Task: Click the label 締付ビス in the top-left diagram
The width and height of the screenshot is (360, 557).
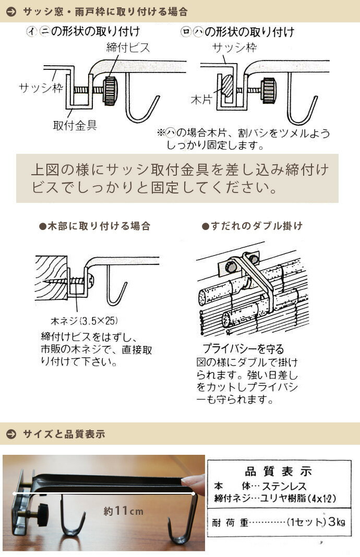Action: coord(128,48)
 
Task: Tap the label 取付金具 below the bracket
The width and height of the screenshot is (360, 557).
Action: coord(75,125)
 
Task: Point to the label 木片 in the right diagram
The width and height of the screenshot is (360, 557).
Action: coord(201,100)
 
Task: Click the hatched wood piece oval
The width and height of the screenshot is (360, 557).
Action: coord(227,85)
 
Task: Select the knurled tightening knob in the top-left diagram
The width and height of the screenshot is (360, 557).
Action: coord(110,90)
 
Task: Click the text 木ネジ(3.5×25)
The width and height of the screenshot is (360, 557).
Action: coord(84,321)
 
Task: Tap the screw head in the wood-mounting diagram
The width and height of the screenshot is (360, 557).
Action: coord(91,281)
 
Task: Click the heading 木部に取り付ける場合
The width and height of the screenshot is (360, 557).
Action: coord(94,226)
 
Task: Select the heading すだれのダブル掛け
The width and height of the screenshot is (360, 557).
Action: coord(252,226)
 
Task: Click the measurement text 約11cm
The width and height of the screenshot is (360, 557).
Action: coord(123,511)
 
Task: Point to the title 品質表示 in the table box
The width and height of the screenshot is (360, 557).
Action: coord(278,472)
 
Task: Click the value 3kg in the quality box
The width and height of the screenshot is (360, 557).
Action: coord(337,522)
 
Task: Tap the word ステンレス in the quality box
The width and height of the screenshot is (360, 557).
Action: coord(284,486)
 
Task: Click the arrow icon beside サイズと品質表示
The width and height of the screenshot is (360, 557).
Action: coord(11,434)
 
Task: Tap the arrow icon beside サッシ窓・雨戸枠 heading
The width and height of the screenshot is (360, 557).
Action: coord(11,11)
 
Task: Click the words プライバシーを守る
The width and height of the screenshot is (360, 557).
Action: coord(244,349)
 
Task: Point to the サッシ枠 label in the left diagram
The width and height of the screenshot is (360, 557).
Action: coord(41,88)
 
